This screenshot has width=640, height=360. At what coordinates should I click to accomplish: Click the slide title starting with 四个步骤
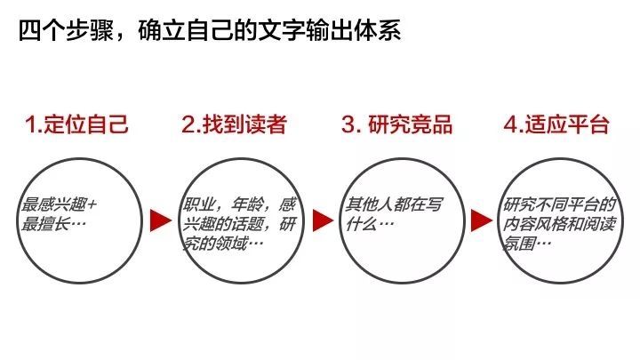tap(210, 30)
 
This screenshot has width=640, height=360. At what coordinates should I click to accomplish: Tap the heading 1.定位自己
tap(76, 124)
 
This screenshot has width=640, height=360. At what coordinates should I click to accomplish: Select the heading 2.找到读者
tap(235, 124)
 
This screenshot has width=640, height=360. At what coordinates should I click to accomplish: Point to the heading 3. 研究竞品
tap(397, 124)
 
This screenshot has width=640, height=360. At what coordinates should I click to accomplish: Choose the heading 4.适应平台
tap(556, 124)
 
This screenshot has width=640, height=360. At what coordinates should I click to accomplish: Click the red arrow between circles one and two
tap(160, 220)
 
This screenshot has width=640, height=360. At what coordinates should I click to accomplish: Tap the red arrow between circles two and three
tap(323, 220)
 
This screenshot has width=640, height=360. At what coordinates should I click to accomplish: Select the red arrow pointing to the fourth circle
tap(481, 220)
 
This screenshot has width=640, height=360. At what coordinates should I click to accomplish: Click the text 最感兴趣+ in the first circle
tap(60, 204)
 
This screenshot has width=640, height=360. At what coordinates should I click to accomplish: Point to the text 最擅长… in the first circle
tap(53, 224)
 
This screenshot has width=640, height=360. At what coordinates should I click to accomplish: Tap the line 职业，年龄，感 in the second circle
tap(239, 204)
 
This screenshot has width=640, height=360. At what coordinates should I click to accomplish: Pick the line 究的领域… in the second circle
tap(223, 244)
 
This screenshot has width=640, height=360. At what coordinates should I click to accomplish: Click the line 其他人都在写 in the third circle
tap(395, 204)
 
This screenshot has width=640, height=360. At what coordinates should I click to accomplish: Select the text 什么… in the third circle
tap(370, 224)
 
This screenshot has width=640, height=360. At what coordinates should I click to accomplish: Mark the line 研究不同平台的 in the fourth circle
tap(559, 204)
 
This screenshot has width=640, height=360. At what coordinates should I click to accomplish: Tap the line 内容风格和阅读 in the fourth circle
tap(559, 224)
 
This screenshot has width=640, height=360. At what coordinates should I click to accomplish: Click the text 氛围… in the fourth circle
tap(527, 244)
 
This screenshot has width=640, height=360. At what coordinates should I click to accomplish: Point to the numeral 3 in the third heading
tap(348, 124)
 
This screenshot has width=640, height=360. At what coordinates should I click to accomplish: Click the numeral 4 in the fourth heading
tap(510, 124)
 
